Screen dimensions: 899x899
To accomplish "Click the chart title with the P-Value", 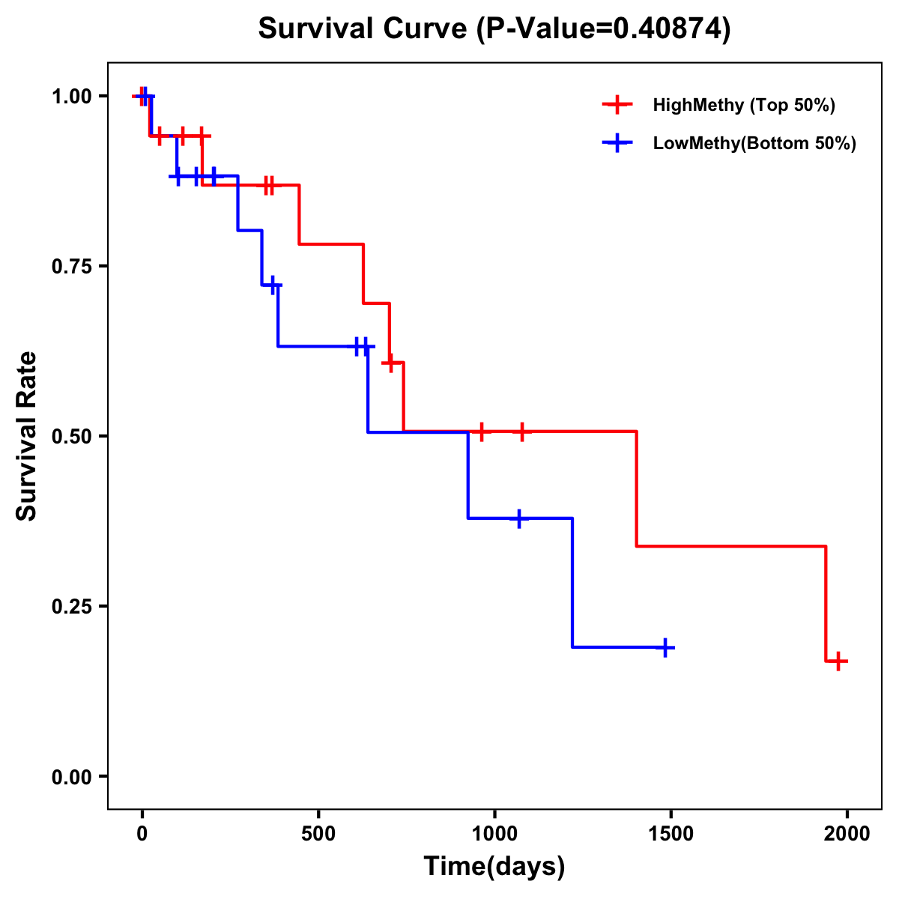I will (x=494, y=28).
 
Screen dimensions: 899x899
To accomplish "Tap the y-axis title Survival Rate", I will (x=27, y=436).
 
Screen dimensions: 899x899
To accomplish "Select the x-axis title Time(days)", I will (x=494, y=866).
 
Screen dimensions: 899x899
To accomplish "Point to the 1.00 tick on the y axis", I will (x=70, y=97).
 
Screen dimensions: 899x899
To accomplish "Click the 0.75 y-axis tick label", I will (x=70, y=267).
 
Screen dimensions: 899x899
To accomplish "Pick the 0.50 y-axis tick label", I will (x=70, y=437).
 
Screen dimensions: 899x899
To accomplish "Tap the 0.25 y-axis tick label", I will (x=70, y=607).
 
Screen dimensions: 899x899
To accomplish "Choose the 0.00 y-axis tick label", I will (x=70, y=777).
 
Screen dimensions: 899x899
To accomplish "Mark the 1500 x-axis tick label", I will (x=671, y=834).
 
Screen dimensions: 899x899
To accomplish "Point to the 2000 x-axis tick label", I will (x=847, y=834).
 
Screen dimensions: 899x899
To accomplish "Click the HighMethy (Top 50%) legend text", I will (x=744, y=105).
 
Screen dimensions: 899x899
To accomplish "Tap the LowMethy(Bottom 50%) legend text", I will (x=754, y=143).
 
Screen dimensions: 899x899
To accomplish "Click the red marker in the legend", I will (x=617, y=105).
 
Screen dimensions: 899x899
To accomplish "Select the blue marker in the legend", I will (x=617, y=143).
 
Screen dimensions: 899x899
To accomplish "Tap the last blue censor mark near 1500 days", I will (x=665, y=647).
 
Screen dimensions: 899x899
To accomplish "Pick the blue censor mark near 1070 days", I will (x=518, y=518).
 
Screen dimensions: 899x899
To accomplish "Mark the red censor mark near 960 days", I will (x=482, y=432).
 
